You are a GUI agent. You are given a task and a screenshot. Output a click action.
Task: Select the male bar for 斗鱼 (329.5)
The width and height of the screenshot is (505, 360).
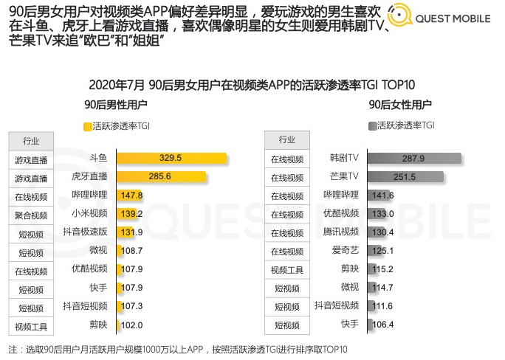(171, 158)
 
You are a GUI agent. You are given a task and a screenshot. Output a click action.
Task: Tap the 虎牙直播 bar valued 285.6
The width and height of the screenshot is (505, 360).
(159, 176)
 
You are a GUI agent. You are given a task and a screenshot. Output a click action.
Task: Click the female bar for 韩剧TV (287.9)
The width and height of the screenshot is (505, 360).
(414, 159)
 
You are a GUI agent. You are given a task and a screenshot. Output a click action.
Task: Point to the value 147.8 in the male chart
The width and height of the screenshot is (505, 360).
(131, 195)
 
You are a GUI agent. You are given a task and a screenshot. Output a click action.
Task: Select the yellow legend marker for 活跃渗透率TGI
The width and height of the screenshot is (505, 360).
(88, 126)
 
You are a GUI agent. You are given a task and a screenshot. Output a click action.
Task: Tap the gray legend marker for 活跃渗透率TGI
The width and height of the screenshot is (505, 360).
(371, 126)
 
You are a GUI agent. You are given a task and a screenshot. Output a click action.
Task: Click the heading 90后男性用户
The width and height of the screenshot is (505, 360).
(115, 105)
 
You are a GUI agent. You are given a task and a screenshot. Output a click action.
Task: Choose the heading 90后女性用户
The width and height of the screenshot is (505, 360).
(399, 105)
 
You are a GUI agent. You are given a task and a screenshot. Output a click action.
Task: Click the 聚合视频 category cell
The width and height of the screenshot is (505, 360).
(30, 215)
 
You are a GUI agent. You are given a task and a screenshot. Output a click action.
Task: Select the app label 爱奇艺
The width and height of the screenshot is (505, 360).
(346, 251)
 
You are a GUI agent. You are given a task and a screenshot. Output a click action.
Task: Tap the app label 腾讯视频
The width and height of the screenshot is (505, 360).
(341, 232)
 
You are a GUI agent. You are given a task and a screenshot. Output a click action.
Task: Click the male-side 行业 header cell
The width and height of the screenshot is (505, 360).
(30, 140)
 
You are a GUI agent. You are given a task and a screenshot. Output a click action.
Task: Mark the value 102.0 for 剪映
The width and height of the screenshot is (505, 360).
(131, 325)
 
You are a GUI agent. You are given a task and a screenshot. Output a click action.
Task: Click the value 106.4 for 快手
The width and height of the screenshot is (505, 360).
(383, 325)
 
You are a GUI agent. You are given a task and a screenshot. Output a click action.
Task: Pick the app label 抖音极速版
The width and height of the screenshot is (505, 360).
(86, 232)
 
